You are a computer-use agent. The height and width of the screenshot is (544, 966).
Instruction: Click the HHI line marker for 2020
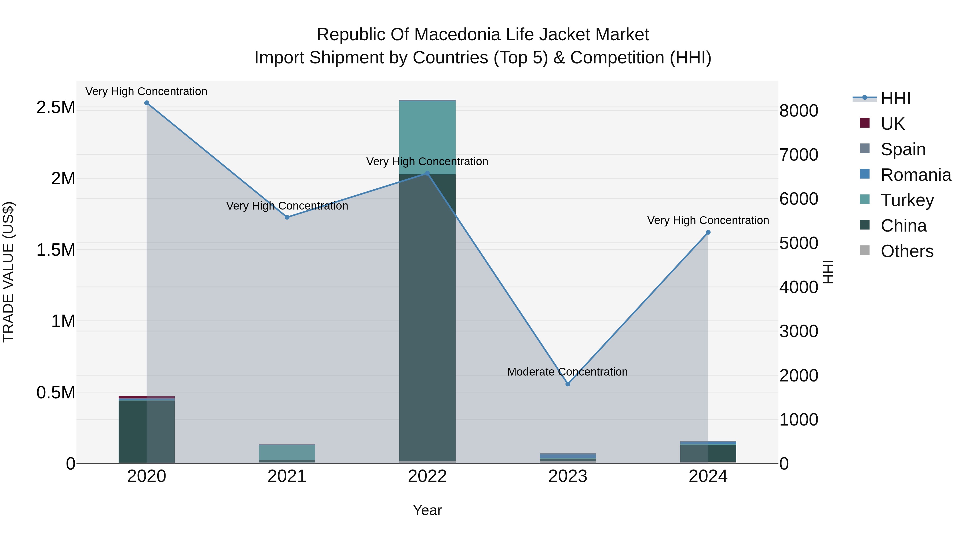(147, 103)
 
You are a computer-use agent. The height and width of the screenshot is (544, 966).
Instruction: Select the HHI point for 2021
(287, 217)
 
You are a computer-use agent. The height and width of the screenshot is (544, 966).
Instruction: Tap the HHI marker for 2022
(427, 173)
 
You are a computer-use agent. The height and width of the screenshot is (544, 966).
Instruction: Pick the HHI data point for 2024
(708, 232)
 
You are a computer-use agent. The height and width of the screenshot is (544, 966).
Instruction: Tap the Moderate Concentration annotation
(567, 372)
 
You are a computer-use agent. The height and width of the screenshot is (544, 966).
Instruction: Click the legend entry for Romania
(915, 175)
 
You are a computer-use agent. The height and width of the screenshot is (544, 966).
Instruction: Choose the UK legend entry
(892, 124)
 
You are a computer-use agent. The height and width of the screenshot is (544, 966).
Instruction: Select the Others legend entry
(907, 251)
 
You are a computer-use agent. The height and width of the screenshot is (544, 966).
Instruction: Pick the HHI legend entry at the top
(895, 98)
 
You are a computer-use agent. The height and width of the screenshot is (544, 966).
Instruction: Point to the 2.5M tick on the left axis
(56, 107)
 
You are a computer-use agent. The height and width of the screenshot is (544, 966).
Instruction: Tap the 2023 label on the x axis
(568, 476)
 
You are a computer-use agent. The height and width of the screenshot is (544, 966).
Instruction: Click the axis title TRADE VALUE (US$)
(8, 272)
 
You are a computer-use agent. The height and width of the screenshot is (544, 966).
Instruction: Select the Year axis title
(427, 510)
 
